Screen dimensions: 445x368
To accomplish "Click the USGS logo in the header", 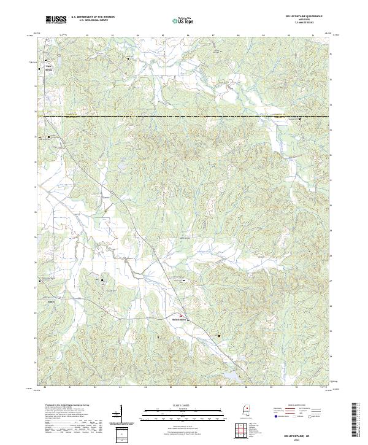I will [56, 20].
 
